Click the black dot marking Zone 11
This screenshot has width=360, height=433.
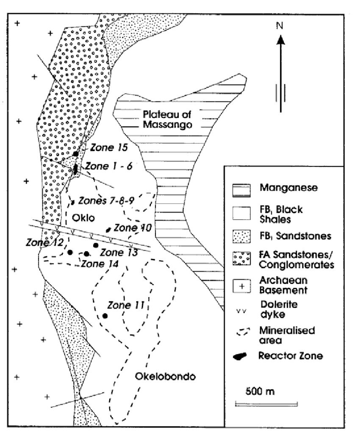pyautogui.click(x=105, y=316)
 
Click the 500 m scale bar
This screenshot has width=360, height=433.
pyautogui.click(x=266, y=403)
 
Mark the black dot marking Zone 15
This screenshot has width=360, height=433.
pyautogui.click(x=75, y=154)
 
